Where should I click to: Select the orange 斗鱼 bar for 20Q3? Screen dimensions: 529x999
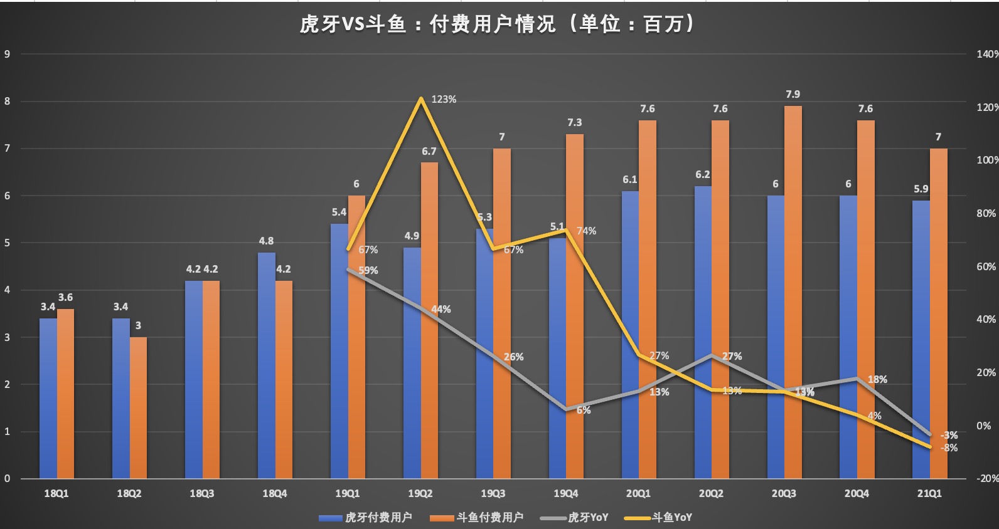click(x=793, y=292)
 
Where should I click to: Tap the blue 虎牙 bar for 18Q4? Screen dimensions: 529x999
click(x=266, y=365)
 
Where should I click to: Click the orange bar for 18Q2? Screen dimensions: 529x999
click(x=138, y=408)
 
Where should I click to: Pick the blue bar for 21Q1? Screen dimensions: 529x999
click(x=921, y=340)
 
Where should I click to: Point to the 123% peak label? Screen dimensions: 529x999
click(x=444, y=100)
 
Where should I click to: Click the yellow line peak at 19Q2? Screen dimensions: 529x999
click(x=420, y=98)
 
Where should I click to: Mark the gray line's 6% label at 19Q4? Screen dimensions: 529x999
click(x=584, y=410)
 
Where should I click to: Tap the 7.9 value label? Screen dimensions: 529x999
click(x=793, y=94)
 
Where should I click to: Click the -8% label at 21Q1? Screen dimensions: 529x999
click(x=949, y=448)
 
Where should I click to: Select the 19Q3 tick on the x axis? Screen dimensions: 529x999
click(x=493, y=494)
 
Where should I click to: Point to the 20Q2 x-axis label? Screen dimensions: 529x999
click(x=711, y=494)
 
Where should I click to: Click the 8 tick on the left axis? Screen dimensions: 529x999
click(x=8, y=101)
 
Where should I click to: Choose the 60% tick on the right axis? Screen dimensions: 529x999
click(x=986, y=266)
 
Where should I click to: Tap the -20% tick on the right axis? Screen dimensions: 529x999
click(x=987, y=478)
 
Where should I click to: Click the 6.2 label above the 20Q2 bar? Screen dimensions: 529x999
click(x=702, y=175)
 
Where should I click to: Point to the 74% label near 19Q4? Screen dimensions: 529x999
click(x=586, y=231)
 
